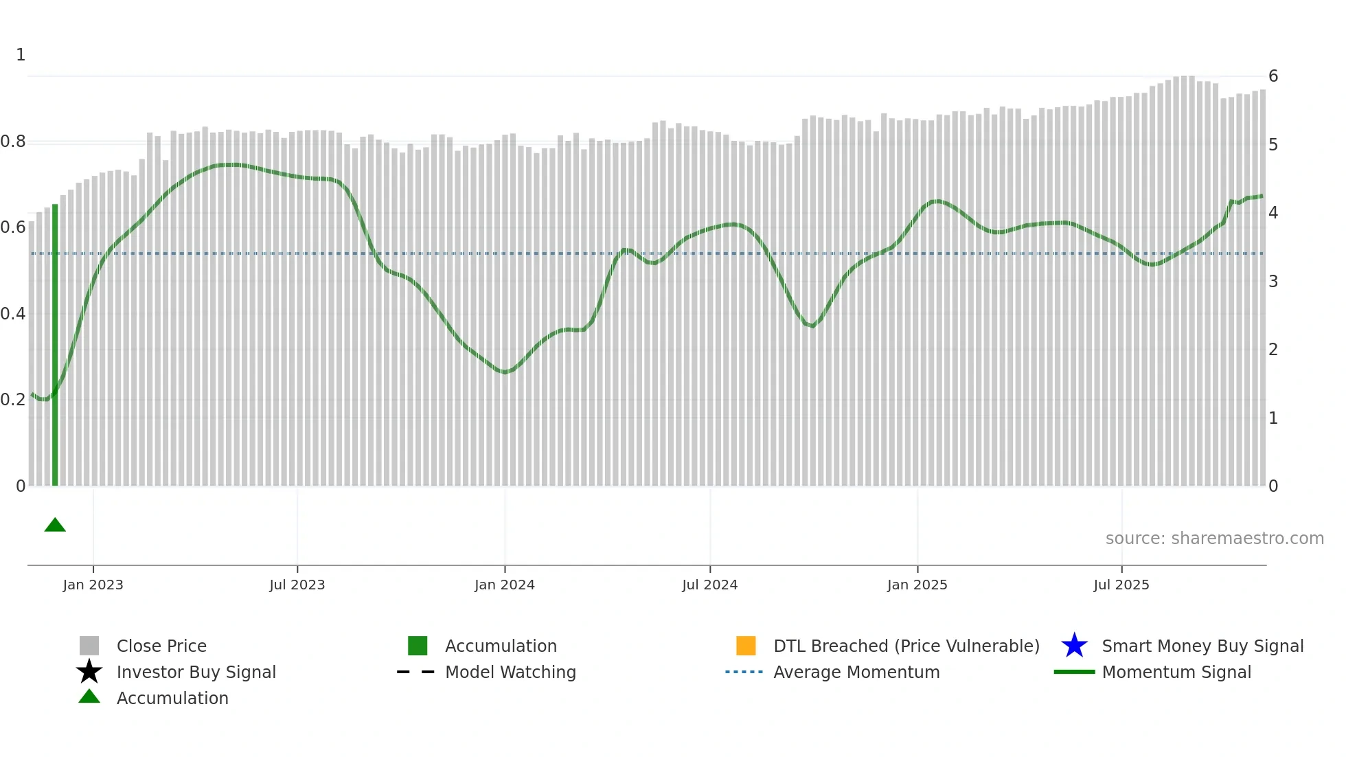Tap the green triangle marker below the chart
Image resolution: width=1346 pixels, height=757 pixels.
(x=55, y=526)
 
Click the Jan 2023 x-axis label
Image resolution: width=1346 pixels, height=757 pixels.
(x=93, y=585)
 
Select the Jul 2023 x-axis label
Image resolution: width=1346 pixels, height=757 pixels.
(x=297, y=585)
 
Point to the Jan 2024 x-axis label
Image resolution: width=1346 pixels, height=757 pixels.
(x=504, y=585)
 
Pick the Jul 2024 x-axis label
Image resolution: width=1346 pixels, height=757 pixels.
(x=709, y=585)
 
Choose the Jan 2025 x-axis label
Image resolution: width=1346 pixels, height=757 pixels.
(x=917, y=585)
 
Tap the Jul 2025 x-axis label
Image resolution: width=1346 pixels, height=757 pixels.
(x=1121, y=585)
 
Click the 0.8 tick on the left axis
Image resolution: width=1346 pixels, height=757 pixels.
(x=14, y=142)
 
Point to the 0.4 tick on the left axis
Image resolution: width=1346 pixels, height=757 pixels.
(x=14, y=314)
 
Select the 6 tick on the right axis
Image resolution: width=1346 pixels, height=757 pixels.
(x=1273, y=76)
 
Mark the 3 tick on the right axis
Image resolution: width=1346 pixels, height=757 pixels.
(x=1273, y=281)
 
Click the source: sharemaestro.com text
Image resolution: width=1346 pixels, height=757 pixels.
(x=1214, y=539)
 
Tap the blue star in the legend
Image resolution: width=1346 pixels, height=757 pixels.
(x=1074, y=646)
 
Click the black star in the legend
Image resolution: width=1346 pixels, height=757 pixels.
(x=89, y=672)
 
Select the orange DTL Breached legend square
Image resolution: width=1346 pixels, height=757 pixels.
(x=746, y=646)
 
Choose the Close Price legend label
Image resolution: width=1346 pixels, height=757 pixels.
(x=161, y=646)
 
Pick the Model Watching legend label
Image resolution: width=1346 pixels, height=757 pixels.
(x=510, y=672)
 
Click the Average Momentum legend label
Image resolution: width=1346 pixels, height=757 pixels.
(x=856, y=672)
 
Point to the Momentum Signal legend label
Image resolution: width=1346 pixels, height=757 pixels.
(x=1176, y=672)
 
